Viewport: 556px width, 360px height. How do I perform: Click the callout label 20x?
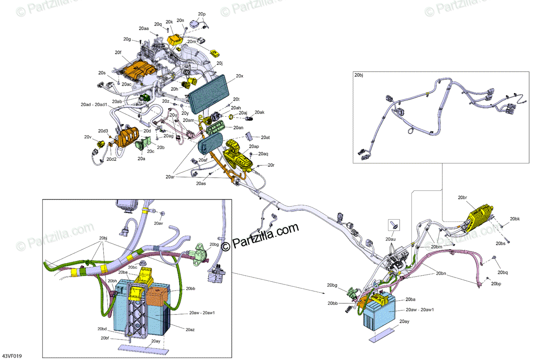click(239, 76)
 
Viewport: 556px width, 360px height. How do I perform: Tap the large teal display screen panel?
click(209, 91)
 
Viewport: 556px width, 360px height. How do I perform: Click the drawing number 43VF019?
click(12, 356)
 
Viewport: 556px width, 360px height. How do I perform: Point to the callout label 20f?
click(118, 52)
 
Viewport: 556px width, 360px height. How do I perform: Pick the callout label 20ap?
click(254, 146)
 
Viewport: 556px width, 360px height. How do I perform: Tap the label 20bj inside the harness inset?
click(359, 75)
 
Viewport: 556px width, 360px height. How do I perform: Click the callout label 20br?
click(462, 198)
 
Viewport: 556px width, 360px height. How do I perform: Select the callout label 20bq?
click(502, 272)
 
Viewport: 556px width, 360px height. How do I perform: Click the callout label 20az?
click(190, 330)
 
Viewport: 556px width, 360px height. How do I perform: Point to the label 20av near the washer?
click(158, 223)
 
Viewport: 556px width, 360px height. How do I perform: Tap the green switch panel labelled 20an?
click(216, 128)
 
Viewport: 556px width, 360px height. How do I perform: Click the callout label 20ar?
click(170, 177)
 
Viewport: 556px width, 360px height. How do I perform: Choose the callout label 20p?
click(202, 14)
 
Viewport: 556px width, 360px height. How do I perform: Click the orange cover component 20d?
click(128, 137)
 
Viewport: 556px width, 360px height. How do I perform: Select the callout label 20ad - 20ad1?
click(94, 105)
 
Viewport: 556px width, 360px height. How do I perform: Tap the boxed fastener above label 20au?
click(394, 225)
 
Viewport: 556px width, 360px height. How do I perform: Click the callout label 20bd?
click(102, 329)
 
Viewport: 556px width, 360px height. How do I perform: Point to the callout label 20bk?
click(515, 219)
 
